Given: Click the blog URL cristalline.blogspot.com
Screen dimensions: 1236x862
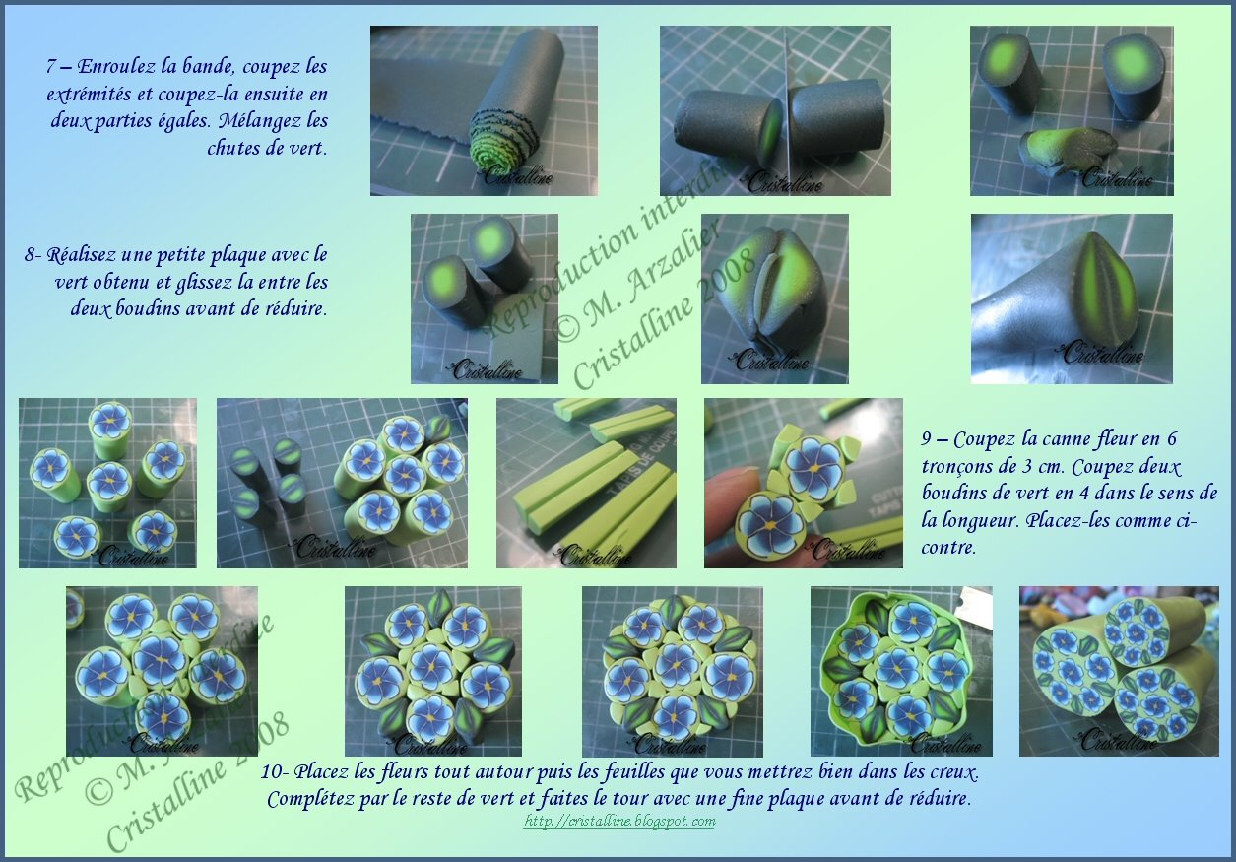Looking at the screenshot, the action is tap(619, 822).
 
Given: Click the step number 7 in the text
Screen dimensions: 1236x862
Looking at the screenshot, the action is tap(51, 67).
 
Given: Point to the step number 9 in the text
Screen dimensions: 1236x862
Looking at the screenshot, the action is tap(926, 439).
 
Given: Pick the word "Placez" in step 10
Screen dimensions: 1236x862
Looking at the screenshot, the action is tap(321, 772).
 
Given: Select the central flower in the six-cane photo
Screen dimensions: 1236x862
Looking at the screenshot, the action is tap(109, 479).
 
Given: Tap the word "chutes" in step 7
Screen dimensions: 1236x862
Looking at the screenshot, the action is tap(233, 149).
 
